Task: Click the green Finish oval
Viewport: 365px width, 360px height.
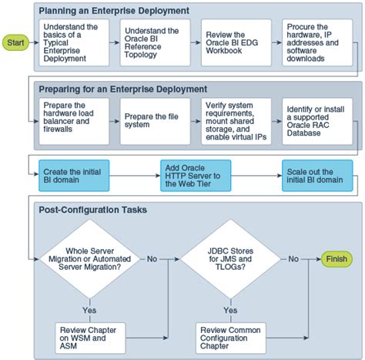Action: [336, 258]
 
